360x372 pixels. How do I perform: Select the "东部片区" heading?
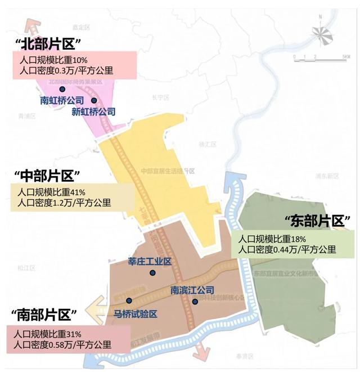click(x=318, y=220)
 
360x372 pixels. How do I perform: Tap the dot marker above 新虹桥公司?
click(x=94, y=101)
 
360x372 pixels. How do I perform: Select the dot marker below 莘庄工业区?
click(x=152, y=273)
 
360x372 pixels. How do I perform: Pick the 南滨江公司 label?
click(x=192, y=291)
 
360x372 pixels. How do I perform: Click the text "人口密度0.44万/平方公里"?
click(x=287, y=249)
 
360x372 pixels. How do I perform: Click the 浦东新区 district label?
click(x=327, y=176)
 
